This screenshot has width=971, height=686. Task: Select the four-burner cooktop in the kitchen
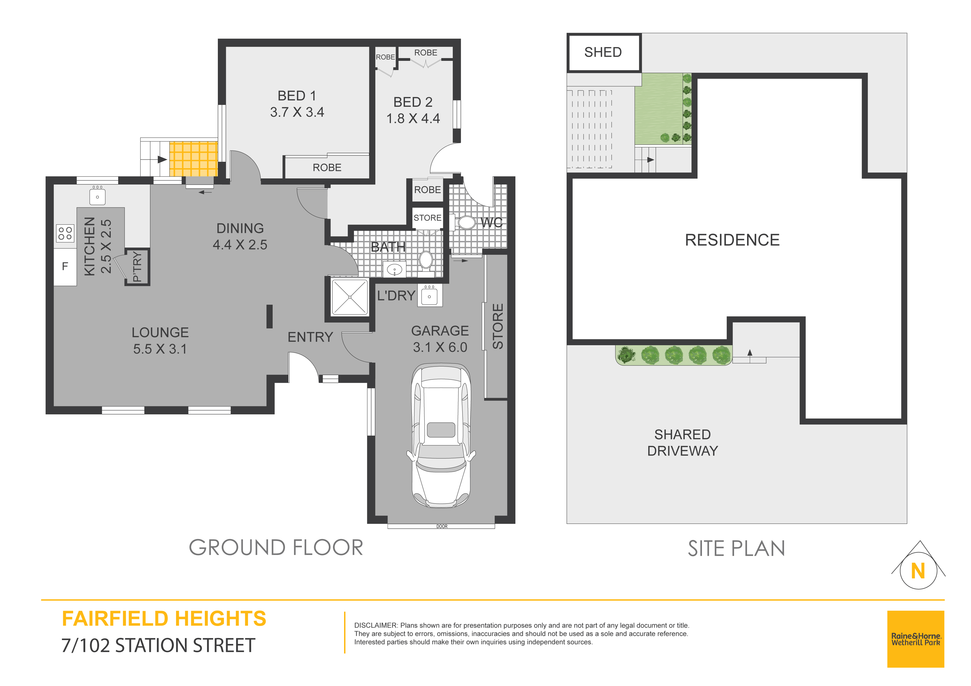(65, 233)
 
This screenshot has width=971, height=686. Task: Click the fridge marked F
(65, 267)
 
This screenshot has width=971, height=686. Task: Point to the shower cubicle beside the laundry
(350, 297)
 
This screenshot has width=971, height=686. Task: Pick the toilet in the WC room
(464, 222)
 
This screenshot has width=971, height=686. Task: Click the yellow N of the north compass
(918, 571)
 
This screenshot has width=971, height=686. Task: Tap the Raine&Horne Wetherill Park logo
(916, 639)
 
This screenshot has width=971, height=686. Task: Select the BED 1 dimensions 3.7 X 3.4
(297, 112)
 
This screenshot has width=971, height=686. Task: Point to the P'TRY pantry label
(137, 266)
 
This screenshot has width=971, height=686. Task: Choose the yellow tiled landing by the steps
(194, 159)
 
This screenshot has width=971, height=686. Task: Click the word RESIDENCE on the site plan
(732, 240)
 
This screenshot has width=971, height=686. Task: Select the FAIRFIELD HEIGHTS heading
(164, 619)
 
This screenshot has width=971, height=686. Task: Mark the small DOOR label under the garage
(442, 526)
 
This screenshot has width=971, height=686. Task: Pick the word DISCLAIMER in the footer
(376, 625)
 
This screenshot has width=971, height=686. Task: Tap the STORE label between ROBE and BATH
(428, 218)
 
